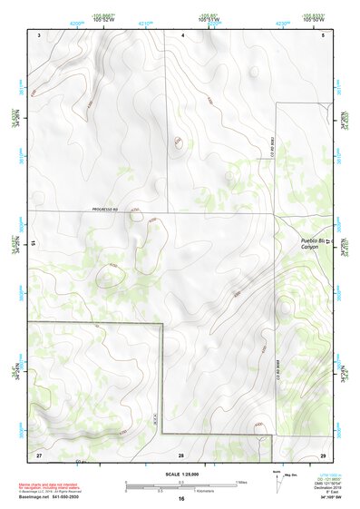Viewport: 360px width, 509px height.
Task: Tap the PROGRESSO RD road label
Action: (x=106, y=210)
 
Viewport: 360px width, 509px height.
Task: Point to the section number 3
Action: (x=40, y=34)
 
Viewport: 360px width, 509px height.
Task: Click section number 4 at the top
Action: (x=182, y=34)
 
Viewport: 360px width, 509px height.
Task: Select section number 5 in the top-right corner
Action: (x=323, y=34)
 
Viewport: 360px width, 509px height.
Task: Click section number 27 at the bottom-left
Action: (x=39, y=453)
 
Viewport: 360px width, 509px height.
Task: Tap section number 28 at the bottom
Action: (x=181, y=453)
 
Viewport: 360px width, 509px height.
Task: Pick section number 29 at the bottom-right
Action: (x=323, y=453)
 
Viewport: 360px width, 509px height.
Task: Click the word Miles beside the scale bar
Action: (x=240, y=482)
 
